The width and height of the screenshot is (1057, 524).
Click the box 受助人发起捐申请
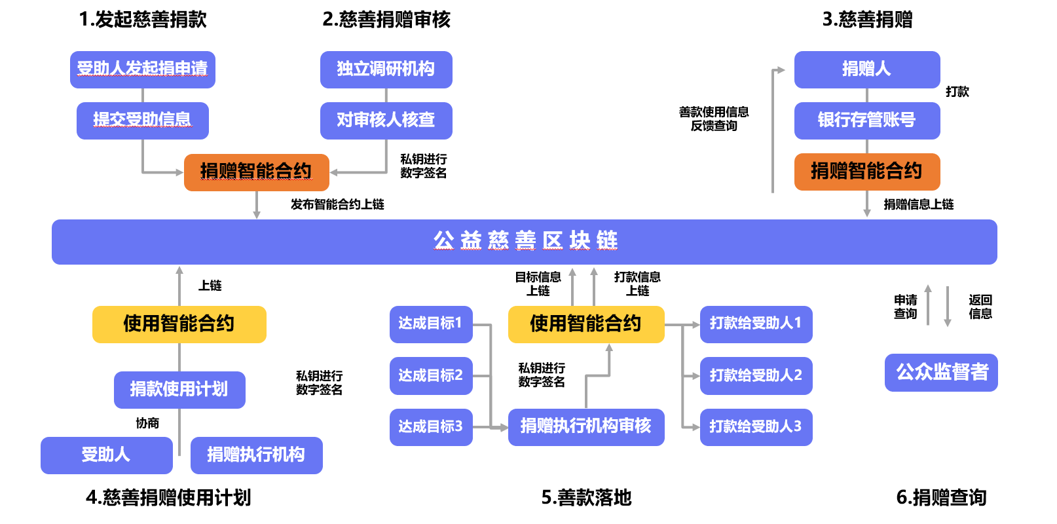click(x=143, y=70)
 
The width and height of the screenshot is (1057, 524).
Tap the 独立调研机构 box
click(x=386, y=70)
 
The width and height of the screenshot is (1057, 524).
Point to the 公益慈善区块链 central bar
click(x=525, y=242)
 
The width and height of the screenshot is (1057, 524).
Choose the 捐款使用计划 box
click(x=179, y=390)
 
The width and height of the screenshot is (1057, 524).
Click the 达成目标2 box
click(x=431, y=376)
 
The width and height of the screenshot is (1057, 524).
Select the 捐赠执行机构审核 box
click(x=586, y=427)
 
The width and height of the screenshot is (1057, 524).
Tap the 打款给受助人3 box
click(x=756, y=427)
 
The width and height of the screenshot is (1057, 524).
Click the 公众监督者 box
click(x=941, y=373)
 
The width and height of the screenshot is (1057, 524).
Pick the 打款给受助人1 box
click(x=756, y=324)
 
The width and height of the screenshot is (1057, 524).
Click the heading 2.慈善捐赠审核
click(x=386, y=20)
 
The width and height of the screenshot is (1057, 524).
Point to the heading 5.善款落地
click(x=586, y=498)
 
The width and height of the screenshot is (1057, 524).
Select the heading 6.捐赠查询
click(x=941, y=498)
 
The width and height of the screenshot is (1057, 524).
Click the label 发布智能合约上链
click(x=337, y=204)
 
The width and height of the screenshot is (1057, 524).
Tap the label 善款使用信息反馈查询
click(x=713, y=119)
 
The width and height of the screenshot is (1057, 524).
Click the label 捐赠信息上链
click(x=918, y=204)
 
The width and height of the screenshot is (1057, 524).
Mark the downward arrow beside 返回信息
click(x=947, y=307)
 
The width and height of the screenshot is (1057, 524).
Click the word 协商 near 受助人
click(x=147, y=423)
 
